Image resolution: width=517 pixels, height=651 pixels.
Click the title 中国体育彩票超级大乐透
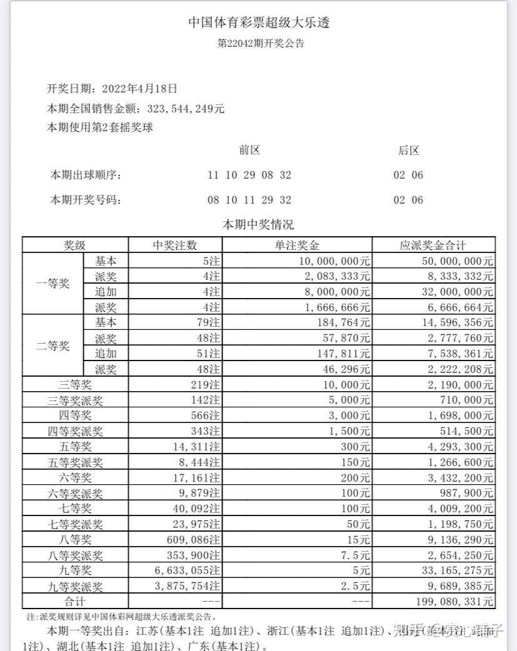coord(259,23)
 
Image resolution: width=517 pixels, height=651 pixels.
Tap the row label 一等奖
coord(53,284)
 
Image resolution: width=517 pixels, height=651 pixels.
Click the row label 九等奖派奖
coord(75,587)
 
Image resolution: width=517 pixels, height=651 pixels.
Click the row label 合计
coord(75,602)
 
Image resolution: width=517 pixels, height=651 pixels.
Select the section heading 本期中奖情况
coord(258,224)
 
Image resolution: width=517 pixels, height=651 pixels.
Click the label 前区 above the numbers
coord(249,150)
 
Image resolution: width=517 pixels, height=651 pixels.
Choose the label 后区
coord(408,150)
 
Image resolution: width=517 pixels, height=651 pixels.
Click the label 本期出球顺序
coord(85,176)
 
